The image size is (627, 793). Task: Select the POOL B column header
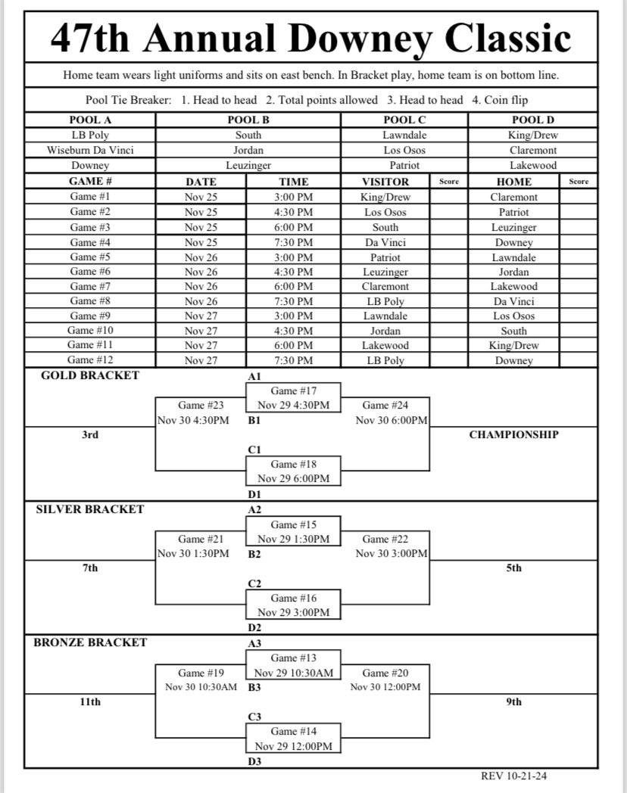248,120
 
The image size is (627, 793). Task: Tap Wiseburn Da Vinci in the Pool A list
90,150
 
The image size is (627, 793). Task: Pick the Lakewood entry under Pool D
533,165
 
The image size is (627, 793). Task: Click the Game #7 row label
90,287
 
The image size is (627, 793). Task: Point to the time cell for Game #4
294,242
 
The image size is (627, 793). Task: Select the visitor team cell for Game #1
385,197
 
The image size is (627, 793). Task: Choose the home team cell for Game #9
514,316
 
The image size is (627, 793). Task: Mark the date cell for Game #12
201,361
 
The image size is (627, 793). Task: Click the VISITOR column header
385,182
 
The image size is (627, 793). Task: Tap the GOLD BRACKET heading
90,375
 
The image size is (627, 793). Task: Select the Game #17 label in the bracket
294,390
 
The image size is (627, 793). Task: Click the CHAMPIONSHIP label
514,434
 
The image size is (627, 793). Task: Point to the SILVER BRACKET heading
90,509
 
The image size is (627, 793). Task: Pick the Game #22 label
385,539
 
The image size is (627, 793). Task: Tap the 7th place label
90,568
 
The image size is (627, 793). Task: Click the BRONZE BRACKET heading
90,642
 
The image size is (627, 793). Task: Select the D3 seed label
254,761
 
